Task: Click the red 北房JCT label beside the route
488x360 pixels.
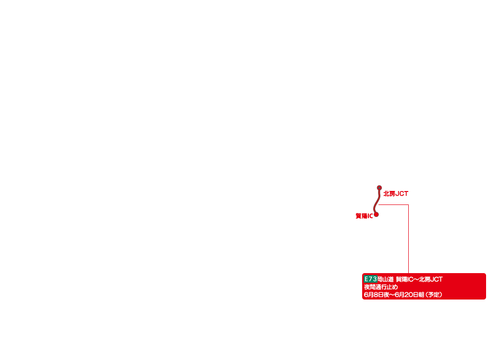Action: point(396,193)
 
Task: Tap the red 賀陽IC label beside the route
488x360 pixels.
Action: point(364,216)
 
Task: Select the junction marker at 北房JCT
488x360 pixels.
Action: point(379,188)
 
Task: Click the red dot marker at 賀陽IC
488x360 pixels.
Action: point(376,215)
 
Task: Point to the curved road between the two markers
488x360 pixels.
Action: point(377,201)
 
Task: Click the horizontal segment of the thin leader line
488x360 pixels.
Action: point(393,205)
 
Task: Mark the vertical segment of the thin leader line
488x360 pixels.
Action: point(408,239)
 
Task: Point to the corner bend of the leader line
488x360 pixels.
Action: point(408,205)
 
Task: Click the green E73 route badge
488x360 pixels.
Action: point(370,279)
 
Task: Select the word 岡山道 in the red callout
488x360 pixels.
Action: point(386,279)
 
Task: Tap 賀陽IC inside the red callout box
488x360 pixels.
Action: point(404,279)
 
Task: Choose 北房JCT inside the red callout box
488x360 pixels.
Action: point(431,279)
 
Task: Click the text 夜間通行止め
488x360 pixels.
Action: point(381,287)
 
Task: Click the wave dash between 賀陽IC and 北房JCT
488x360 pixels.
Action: point(416,279)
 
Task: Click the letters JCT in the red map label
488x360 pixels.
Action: point(402,193)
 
